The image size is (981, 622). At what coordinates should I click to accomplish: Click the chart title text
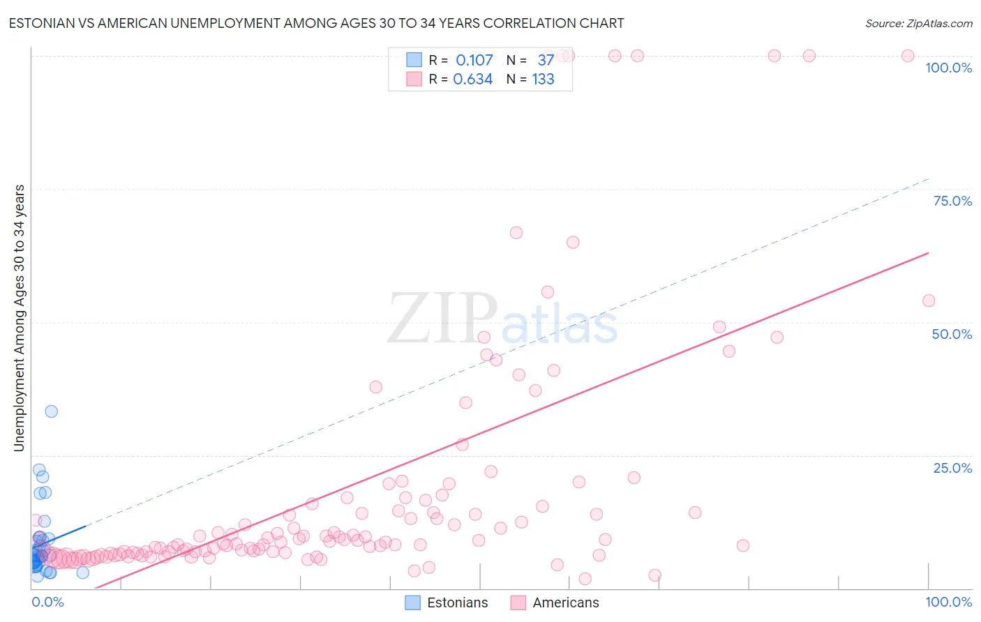(x=316, y=23)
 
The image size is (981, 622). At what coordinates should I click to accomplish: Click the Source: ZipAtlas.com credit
(x=918, y=23)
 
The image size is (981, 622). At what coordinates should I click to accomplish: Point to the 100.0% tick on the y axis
(x=948, y=68)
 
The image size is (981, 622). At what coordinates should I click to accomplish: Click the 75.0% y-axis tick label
(x=952, y=201)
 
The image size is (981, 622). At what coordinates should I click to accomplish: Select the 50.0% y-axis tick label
(x=952, y=334)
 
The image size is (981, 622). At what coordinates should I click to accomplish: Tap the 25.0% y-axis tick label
(x=952, y=468)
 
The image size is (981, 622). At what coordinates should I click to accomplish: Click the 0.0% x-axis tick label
(x=47, y=602)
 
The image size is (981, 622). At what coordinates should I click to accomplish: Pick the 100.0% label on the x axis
(x=948, y=602)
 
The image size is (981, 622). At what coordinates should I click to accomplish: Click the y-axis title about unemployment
(x=20, y=318)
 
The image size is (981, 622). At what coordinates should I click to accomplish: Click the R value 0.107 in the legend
(x=474, y=61)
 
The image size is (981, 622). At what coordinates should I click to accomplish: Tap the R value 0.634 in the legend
(x=473, y=79)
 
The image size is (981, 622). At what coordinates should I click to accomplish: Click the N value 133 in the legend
(x=543, y=79)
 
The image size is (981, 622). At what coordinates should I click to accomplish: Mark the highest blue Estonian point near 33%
(x=51, y=411)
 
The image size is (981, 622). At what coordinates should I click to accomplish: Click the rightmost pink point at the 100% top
(x=908, y=56)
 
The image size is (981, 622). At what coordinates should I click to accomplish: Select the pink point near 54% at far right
(x=929, y=301)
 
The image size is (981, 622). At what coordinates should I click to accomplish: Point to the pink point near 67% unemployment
(x=516, y=233)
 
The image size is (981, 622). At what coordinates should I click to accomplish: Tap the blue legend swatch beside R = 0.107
(x=414, y=60)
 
